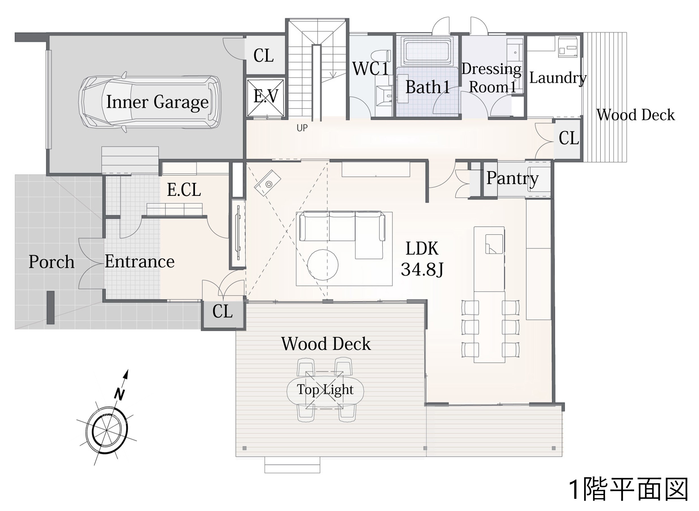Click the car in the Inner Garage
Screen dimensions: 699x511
tap(150, 102)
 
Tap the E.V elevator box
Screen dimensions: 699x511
tap(266, 98)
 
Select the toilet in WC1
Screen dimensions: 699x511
tap(383, 57)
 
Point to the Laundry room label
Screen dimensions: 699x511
tap(558, 78)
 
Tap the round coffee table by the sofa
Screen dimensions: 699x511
tap(322, 265)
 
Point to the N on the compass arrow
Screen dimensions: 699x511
tap(120, 394)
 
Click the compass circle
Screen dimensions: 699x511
tap(106, 431)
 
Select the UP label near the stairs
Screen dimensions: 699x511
tap(302, 128)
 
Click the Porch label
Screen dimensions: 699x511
tap(51, 262)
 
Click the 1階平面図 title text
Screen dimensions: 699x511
tap(629, 490)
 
